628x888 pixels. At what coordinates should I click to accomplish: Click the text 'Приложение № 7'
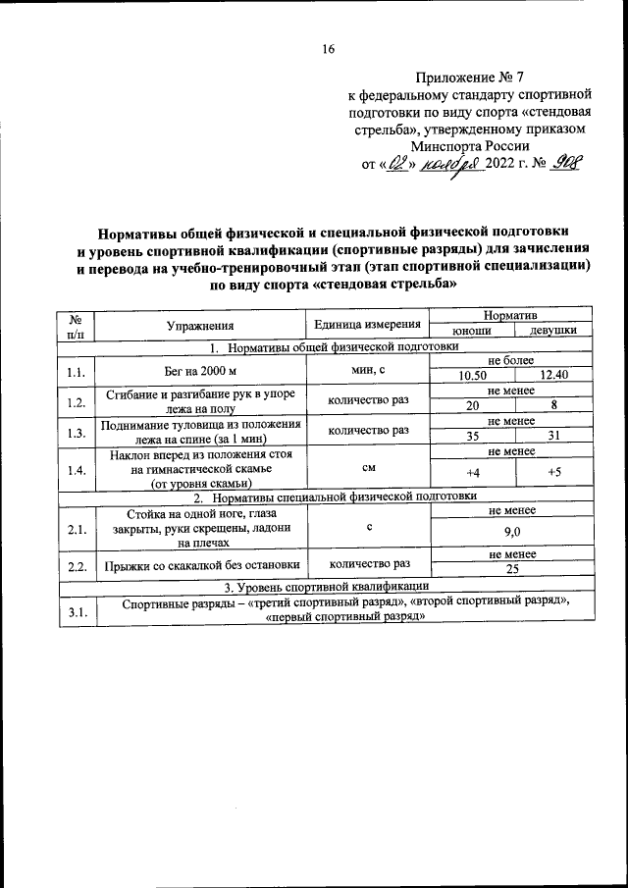[469, 77]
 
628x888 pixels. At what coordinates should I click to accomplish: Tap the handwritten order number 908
[562, 164]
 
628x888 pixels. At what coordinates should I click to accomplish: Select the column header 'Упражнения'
[200, 325]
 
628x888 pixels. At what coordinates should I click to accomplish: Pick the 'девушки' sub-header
[552, 332]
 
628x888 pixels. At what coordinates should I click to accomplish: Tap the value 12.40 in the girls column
[553, 375]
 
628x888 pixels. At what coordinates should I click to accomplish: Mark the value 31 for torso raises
[553, 436]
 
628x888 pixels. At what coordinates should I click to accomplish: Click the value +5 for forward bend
[553, 474]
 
